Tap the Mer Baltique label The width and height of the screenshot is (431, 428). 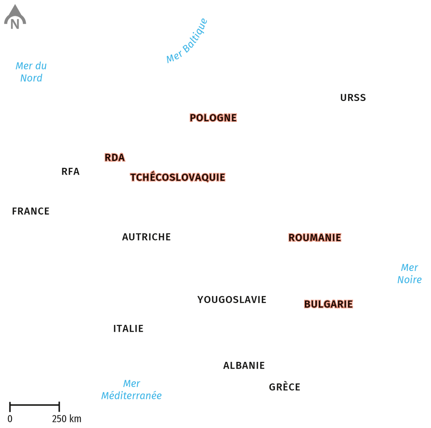(187, 41)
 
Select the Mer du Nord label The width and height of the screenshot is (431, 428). (31, 72)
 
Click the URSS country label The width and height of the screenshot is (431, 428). (353, 98)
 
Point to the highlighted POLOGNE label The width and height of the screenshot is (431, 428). (213, 118)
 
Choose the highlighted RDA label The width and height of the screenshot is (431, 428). (115, 157)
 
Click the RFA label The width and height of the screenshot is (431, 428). (70, 171)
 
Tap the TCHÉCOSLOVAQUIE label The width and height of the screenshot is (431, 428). (177, 177)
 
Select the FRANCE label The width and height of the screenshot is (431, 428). (31, 211)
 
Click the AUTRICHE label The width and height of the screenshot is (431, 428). (146, 237)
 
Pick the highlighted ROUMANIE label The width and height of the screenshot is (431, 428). (315, 238)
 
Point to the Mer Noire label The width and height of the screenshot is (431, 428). (409, 273)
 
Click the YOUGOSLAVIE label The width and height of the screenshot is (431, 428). (232, 299)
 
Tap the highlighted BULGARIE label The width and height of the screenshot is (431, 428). (328, 304)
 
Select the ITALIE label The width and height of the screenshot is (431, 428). (128, 328)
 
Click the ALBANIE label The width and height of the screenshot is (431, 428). (244, 365)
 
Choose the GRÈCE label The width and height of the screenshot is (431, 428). (284, 387)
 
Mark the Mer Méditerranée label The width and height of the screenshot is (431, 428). (131, 390)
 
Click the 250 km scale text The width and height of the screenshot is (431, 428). (67, 419)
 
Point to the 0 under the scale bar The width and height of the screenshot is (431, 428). (10, 419)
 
